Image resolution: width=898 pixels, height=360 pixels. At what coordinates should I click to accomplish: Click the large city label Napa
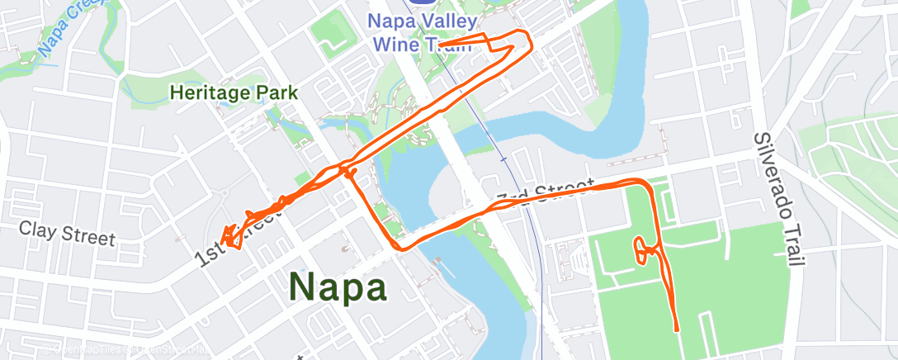click(338, 287)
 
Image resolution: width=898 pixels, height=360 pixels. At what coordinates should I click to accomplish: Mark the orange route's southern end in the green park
click(677, 329)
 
